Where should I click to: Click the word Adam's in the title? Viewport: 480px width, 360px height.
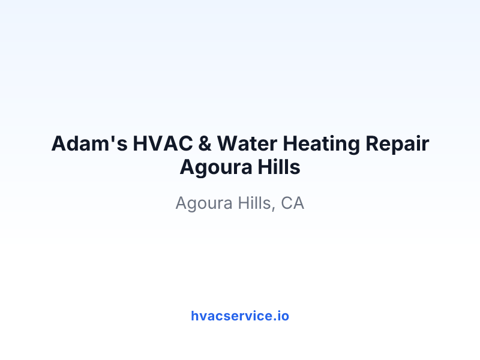click(89, 143)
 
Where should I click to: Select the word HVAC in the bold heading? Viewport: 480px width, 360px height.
click(163, 143)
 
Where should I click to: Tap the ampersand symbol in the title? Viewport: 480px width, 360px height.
click(205, 143)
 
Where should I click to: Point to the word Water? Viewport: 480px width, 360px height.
click(247, 143)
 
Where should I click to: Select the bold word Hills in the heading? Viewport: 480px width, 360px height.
click(279, 167)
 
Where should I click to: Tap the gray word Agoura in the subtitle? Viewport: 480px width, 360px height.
click(204, 203)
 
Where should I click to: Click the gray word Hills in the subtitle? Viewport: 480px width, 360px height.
click(254, 203)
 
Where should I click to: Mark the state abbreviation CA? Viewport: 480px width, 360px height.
click(292, 203)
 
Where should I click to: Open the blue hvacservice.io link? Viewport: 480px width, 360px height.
click(240, 316)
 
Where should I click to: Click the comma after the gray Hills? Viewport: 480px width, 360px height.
click(274, 209)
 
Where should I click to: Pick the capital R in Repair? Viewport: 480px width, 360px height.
click(372, 143)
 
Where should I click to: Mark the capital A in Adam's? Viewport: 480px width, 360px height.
click(59, 143)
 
